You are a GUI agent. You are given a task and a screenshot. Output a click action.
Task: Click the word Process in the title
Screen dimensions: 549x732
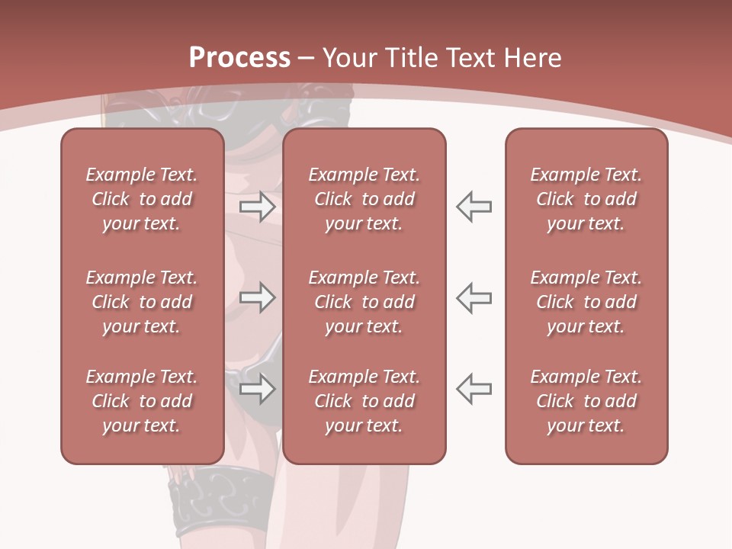tap(239, 58)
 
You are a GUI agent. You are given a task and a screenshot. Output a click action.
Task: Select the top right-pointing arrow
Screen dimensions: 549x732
tap(257, 207)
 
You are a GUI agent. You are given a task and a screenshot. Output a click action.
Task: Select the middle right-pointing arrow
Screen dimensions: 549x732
tap(257, 297)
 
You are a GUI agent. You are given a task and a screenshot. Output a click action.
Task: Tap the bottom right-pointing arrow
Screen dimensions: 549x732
tap(257, 389)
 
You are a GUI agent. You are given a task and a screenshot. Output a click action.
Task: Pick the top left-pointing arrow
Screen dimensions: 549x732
tap(474, 207)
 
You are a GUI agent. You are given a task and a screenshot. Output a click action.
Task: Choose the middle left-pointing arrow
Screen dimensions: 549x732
tap(474, 297)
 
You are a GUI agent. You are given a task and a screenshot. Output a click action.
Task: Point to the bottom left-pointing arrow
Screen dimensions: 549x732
tap(474, 389)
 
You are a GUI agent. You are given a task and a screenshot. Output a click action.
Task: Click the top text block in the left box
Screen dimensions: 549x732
tap(142, 199)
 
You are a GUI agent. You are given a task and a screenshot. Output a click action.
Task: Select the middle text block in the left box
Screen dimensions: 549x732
tap(142, 302)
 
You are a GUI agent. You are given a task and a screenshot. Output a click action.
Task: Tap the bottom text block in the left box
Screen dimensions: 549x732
tap(142, 401)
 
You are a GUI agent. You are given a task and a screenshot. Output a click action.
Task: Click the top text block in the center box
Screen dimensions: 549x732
tap(364, 199)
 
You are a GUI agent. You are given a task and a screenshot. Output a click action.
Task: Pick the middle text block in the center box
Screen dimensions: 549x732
tap(364, 302)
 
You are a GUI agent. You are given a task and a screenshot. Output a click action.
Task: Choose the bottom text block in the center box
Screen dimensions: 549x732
tap(364, 401)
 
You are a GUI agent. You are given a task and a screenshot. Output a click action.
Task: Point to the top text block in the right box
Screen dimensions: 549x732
tap(586, 199)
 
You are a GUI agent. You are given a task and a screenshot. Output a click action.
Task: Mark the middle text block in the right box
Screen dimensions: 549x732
tap(586, 302)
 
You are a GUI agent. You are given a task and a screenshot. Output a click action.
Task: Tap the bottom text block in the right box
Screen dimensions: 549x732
tap(586, 401)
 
